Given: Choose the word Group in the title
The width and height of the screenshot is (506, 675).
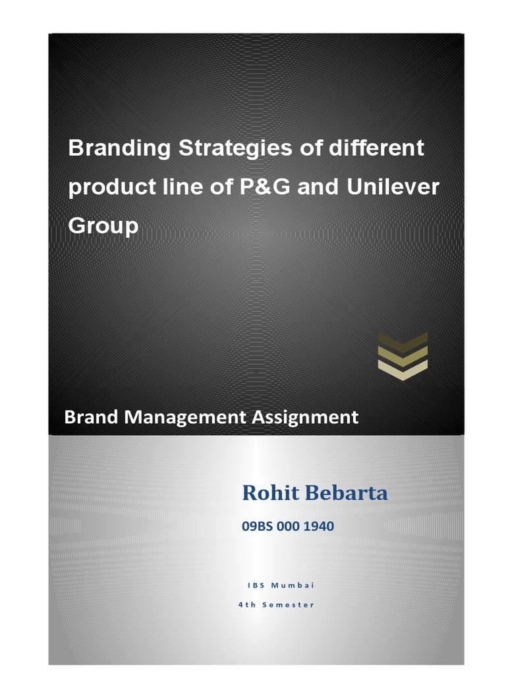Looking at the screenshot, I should pos(103,226).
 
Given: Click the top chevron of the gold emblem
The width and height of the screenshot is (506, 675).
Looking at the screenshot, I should pos(403,340).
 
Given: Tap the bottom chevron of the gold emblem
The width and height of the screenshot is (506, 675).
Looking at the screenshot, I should pos(403,368).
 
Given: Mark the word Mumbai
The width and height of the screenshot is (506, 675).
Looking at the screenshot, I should pos(293,585).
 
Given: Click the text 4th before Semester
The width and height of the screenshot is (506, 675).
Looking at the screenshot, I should pos(247,604).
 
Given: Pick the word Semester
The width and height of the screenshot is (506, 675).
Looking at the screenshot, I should pos(290,604).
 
